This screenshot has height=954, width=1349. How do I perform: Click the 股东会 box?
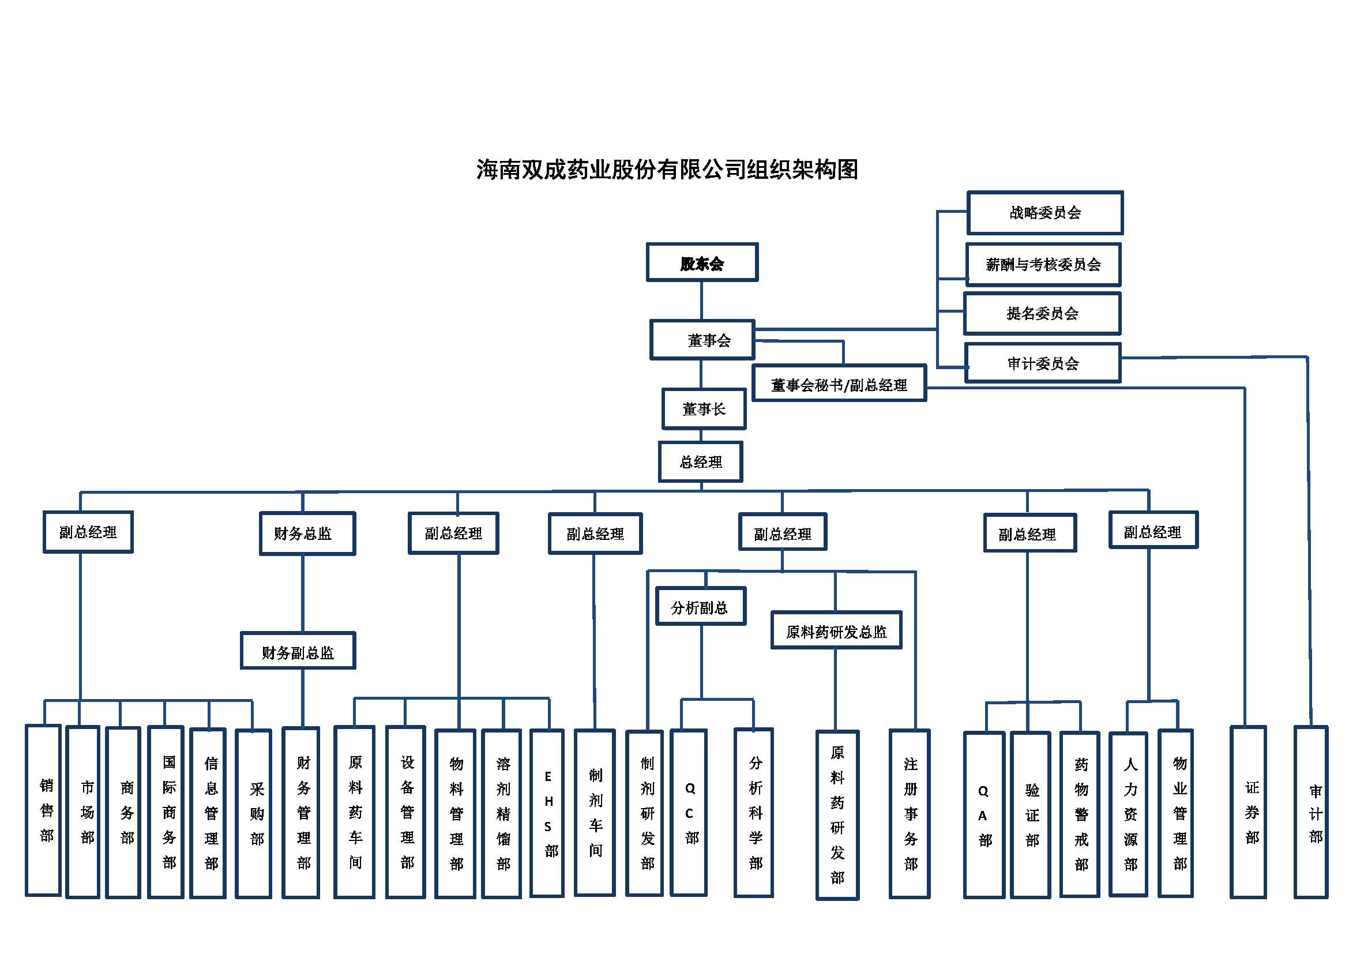702,262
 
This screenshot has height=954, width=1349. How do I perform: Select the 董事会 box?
702,340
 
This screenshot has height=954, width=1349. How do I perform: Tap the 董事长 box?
704,409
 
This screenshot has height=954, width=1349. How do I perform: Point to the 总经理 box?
700,462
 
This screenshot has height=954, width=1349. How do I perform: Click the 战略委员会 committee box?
1044,213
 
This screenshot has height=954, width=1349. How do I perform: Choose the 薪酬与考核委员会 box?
1043,264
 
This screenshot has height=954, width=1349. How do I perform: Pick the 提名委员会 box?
1042,314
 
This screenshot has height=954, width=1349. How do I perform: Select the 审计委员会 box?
1043,363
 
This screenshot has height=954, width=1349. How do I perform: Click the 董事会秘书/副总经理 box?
839,384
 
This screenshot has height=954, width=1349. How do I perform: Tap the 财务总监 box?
307,534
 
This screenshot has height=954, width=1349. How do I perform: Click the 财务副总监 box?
298,651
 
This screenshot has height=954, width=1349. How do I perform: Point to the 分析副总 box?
700,606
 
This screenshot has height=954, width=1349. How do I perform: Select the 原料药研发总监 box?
836,631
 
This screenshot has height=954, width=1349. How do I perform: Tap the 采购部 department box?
253,814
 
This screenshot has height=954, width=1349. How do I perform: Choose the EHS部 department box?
547,814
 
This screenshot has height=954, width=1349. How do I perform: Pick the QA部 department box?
984,816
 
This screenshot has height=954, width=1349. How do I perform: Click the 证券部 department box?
1249,813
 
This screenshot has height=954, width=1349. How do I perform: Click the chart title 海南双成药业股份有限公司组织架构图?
667,169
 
